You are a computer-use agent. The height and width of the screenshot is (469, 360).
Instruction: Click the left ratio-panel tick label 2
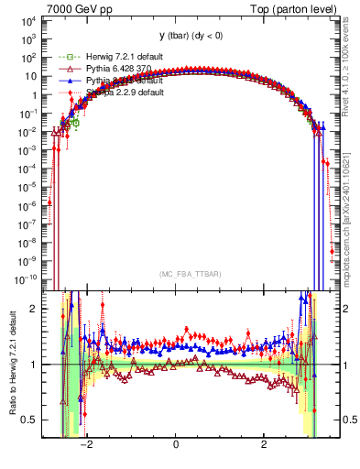36,309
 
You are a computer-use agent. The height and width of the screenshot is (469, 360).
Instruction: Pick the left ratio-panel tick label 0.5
30,420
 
